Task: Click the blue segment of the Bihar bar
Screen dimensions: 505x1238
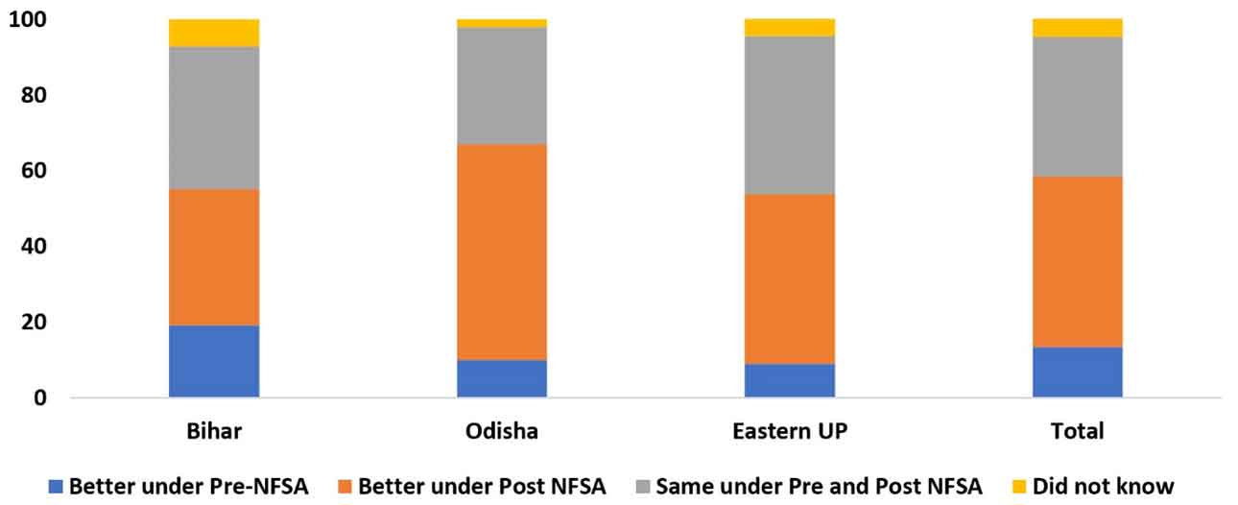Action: pyautogui.click(x=214, y=361)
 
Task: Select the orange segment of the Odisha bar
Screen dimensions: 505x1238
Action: pyautogui.click(x=502, y=252)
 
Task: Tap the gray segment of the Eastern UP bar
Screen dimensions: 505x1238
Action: pyautogui.click(x=789, y=115)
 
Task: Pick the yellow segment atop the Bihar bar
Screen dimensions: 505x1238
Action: pyautogui.click(x=214, y=33)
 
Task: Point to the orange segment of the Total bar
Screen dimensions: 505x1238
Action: pyautogui.click(x=1077, y=261)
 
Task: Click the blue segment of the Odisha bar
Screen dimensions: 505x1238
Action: pyautogui.click(x=502, y=378)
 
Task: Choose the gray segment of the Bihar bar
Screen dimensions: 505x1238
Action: pyautogui.click(x=214, y=118)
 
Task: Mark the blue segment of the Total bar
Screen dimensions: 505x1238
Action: pyautogui.click(x=1077, y=372)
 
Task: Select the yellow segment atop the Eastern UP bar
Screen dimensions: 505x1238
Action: pyautogui.click(x=789, y=27)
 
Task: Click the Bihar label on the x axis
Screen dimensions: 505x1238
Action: pyautogui.click(x=214, y=431)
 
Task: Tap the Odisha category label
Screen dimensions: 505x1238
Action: pyautogui.click(x=502, y=431)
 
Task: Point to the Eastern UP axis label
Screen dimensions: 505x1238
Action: pyautogui.click(x=789, y=431)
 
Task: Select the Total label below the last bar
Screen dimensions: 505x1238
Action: pyautogui.click(x=1077, y=431)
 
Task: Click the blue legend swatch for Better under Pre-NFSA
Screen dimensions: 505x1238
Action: pyautogui.click(x=56, y=487)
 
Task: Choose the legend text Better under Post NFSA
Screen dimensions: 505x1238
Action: pyautogui.click(x=482, y=487)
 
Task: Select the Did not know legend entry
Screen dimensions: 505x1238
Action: pyautogui.click(x=1103, y=487)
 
